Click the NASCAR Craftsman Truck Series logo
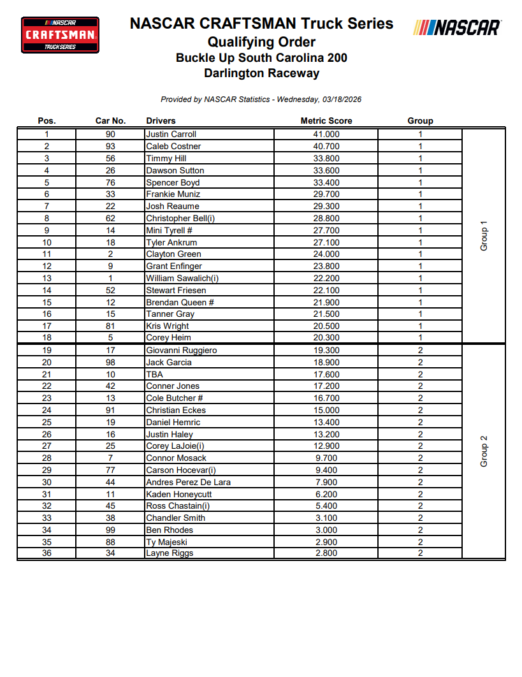(x=61, y=34)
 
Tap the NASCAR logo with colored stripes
(x=457, y=27)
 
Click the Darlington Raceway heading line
(x=261, y=73)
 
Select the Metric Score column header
(x=326, y=120)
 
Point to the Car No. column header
(x=110, y=120)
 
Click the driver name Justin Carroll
(x=171, y=135)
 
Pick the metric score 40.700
(x=326, y=146)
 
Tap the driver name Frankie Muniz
(x=173, y=194)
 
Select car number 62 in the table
(x=110, y=218)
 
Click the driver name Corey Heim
(x=168, y=338)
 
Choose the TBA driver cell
(x=154, y=374)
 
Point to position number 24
(x=47, y=410)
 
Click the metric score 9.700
(x=326, y=458)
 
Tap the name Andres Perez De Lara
(x=188, y=482)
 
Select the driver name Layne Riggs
(x=170, y=553)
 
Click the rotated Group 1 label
(x=484, y=236)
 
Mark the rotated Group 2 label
(x=484, y=451)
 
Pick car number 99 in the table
(x=110, y=530)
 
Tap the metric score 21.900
(x=326, y=302)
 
